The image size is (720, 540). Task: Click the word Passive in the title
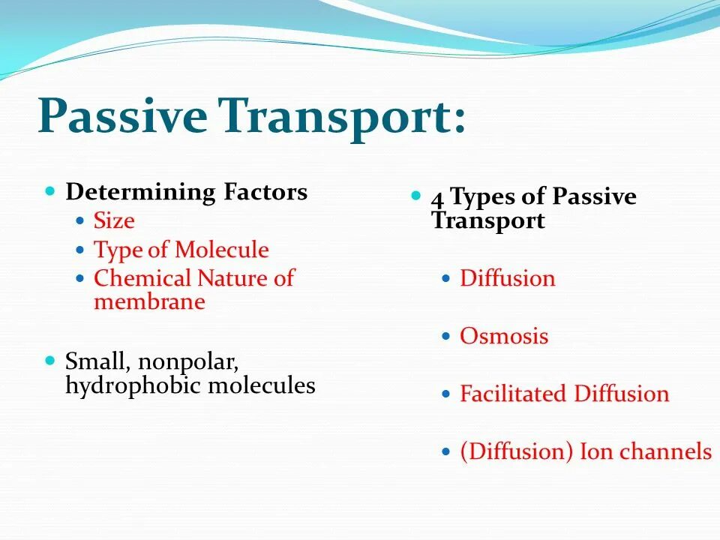[122, 117]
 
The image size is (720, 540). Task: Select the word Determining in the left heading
[140, 192]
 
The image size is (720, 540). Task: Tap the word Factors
[265, 191]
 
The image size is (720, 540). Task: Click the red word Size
[114, 220]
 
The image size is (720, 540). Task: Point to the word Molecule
[222, 250]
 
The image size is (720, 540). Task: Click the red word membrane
[149, 301]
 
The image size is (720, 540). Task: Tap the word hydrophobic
[133, 385]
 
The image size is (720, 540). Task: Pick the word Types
[483, 197]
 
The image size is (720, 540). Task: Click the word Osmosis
[504, 336]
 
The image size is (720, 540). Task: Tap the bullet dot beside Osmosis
[445, 337]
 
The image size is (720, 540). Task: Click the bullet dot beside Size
[80, 220]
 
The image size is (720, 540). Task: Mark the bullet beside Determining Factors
[50, 190]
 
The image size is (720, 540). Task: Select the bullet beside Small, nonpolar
[50, 360]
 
